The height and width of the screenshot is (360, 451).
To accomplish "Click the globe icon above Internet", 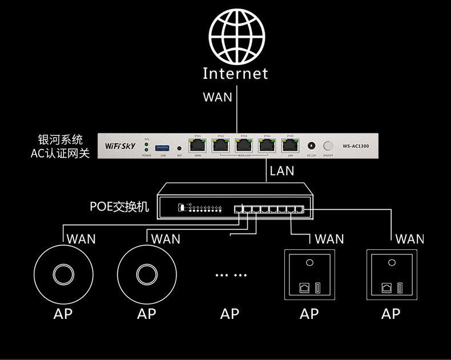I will coord(236,36).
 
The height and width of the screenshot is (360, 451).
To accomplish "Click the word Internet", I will coord(235,73).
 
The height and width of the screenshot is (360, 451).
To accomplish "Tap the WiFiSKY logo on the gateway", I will coord(120,145).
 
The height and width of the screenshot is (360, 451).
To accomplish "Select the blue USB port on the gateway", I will coord(162,148).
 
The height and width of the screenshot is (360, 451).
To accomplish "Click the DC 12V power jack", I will coord(312,146).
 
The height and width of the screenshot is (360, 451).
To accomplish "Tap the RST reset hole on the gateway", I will coord(179,148).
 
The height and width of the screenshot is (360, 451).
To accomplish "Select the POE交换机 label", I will coord(119,207).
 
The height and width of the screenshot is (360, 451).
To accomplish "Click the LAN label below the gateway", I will coord(282,171).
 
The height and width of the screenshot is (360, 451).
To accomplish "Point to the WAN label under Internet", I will coord(218,96).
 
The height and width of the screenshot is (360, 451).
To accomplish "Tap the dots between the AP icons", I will coord(231,275).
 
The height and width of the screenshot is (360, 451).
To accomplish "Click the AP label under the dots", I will coord(229,313).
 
